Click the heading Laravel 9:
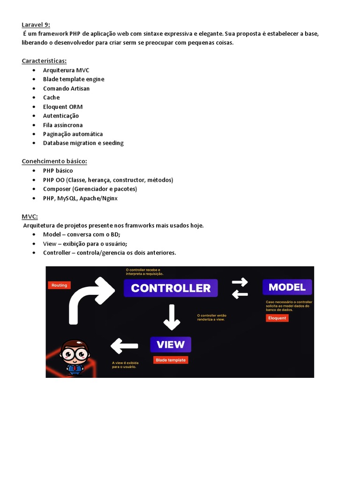tap(36, 24)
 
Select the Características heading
tap(44, 61)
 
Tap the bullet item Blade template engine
tap(74, 79)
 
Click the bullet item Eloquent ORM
tap(63, 107)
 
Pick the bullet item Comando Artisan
tap(66, 89)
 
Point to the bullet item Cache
tap(51, 97)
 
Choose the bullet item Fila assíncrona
tap(63, 125)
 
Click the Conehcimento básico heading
tap(54, 161)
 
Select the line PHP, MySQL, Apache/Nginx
tap(80, 198)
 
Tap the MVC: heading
tap(30, 217)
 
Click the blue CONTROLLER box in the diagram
tap(171, 288)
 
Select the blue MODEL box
tap(287, 287)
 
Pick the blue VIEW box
tap(171, 345)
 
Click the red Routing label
tap(59, 285)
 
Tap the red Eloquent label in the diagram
tap(277, 318)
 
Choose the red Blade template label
tap(171, 360)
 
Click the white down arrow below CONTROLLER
tap(172, 317)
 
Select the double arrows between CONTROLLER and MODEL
tap(240, 288)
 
